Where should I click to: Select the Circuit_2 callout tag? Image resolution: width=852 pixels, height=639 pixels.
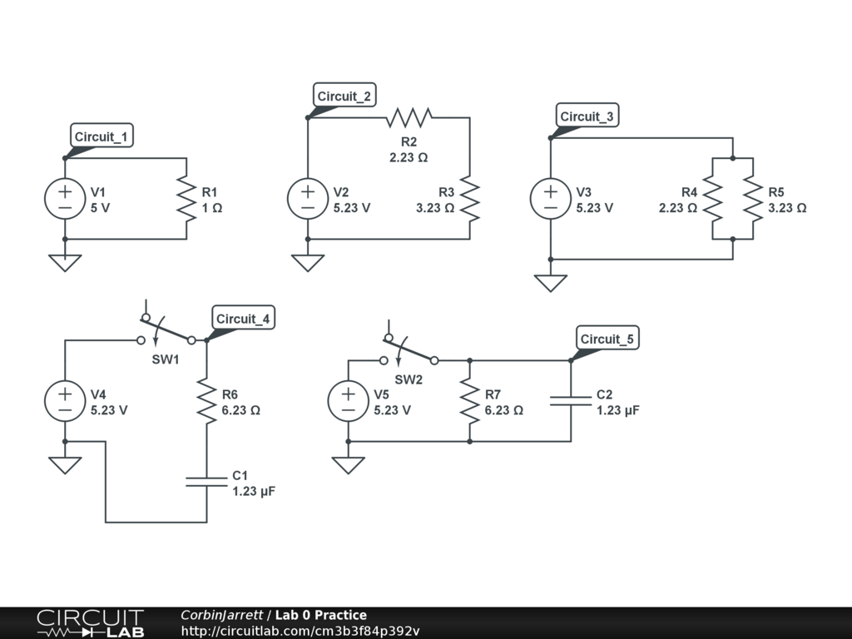click(344, 97)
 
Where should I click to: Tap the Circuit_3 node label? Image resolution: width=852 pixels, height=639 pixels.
click(587, 116)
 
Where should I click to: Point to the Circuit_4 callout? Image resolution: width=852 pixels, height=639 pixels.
click(242, 319)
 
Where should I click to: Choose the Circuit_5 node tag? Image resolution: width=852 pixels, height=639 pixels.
click(607, 339)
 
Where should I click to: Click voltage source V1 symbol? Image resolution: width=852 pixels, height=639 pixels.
click(65, 200)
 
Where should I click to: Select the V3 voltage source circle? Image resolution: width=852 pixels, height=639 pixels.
click(551, 200)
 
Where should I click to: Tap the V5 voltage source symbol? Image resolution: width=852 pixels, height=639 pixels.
click(349, 401)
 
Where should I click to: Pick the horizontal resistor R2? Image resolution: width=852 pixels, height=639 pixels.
click(409, 117)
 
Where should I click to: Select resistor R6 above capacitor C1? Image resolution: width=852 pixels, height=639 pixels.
click(206, 401)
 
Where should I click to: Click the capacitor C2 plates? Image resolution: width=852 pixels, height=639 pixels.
click(571, 401)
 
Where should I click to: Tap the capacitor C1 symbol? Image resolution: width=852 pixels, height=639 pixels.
click(206, 482)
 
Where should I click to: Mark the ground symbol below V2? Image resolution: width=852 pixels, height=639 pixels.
click(308, 262)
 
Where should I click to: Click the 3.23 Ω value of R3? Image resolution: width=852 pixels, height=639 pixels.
click(435, 208)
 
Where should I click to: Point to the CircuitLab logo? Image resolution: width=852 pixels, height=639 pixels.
click(90, 623)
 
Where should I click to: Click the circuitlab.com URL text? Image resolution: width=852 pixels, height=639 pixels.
click(300, 631)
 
